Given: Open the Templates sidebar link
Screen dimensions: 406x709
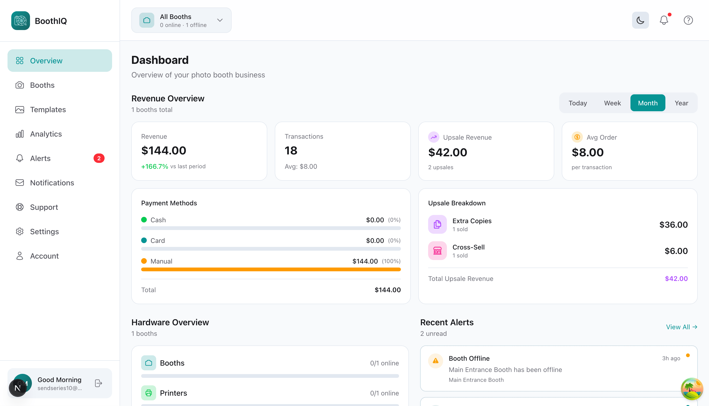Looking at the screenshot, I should point(48,110).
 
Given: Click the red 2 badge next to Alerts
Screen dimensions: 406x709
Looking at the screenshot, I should point(99,158).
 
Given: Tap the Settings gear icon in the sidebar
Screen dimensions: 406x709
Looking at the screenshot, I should point(19,231).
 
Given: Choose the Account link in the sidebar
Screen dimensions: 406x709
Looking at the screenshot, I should point(44,256).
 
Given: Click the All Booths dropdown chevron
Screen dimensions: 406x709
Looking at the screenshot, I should point(220,20).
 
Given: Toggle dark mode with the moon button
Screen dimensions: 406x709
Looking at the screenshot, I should point(640,20).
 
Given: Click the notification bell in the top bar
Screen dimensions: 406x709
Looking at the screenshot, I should point(664,20).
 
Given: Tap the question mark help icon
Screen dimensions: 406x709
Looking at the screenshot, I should point(688,20).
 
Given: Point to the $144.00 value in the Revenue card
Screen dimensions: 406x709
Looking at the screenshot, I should point(163,151).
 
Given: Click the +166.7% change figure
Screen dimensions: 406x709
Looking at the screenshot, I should point(155,166).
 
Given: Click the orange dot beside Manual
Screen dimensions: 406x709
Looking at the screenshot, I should point(144,261).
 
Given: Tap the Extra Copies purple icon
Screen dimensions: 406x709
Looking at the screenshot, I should point(437,224).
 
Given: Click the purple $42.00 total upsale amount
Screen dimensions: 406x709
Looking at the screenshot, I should point(676,279).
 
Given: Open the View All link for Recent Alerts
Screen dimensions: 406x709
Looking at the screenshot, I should point(681,327).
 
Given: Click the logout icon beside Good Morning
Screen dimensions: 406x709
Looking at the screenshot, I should point(98,383).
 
